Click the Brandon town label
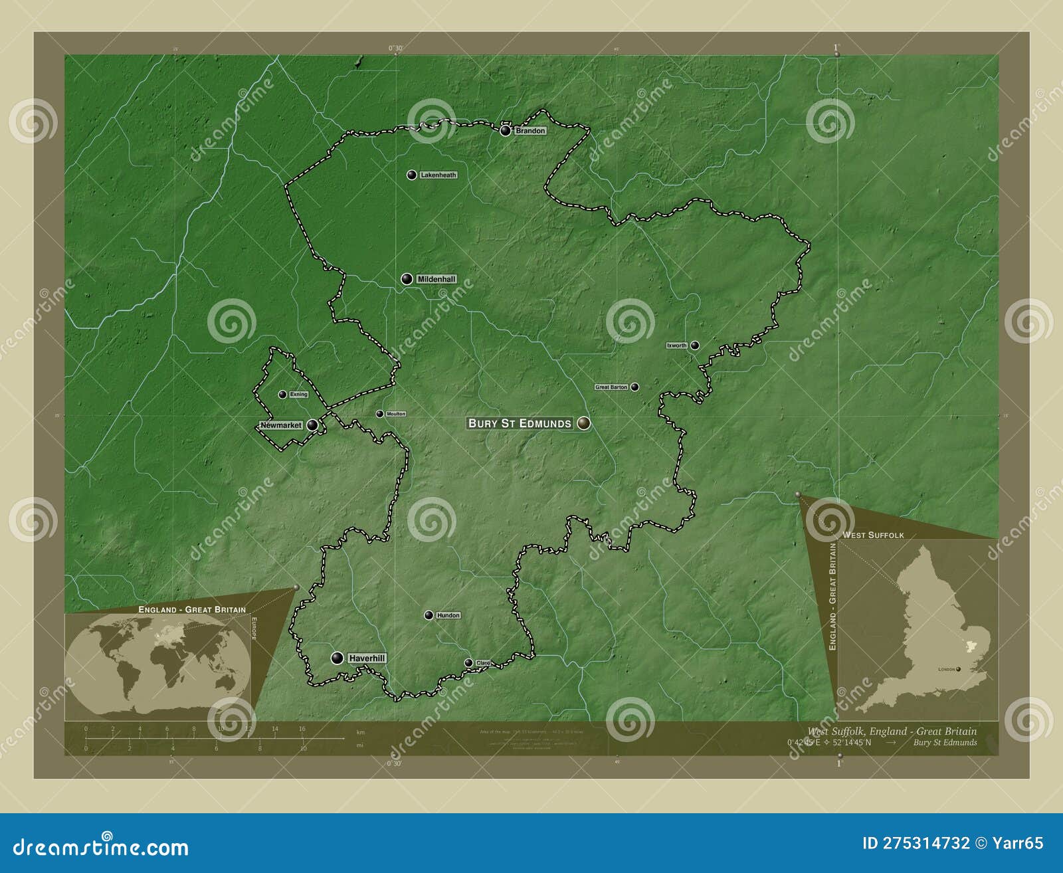pyautogui.click(x=530, y=131)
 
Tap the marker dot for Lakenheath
pyautogui.click(x=412, y=175)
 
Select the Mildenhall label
pyautogui.click(x=436, y=280)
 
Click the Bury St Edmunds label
pyautogui.click(x=520, y=423)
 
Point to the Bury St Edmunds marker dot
pyautogui.click(x=583, y=423)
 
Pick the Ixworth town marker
pyautogui.click(x=694, y=345)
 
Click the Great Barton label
pyautogui.click(x=611, y=387)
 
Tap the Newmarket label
pyautogui.click(x=281, y=425)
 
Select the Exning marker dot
pyautogui.click(x=282, y=394)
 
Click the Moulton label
pyautogui.click(x=396, y=414)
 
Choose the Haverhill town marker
pyautogui.click(x=338, y=658)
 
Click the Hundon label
pyautogui.click(x=448, y=615)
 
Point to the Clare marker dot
pyautogui.click(x=468, y=662)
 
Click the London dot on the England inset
pyautogui.click(x=958, y=669)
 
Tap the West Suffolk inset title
pyautogui.click(x=873, y=535)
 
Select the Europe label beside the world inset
pyautogui.click(x=253, y=629)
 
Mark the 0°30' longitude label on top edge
pyautogui.click(x=395, y=48)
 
